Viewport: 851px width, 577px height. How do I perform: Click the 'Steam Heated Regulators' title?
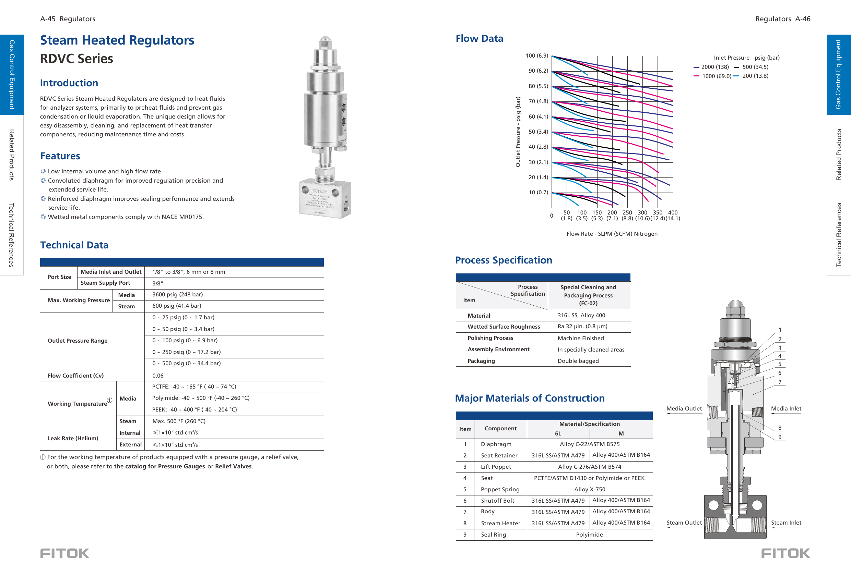point(117,40)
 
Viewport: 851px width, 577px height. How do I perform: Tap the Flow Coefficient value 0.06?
point(158,376)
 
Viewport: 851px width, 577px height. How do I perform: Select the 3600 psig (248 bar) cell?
point(177,295)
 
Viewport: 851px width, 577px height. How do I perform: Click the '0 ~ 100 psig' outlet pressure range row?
point(185,340)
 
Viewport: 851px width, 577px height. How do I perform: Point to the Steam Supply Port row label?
point(105,283)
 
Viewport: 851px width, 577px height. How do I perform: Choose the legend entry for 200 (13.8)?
point(755,76)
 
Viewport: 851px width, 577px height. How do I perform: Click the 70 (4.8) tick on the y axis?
point(538,101)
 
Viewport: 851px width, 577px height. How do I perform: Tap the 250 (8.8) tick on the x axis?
point(627,216)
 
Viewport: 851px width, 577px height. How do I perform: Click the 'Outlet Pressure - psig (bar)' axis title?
point(518,132)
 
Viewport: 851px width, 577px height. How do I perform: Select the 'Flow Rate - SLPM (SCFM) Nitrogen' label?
point(612,234)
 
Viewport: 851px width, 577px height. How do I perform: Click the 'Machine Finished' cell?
point(580,339)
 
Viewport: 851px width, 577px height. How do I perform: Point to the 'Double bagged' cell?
point(578,361)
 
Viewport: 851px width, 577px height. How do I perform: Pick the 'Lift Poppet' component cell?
point(496,467)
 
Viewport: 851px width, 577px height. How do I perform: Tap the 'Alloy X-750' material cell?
point(589,490)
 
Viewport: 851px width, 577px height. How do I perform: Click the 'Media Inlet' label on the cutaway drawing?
point(786,409)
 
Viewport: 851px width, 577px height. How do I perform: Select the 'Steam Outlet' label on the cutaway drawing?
point(684,523)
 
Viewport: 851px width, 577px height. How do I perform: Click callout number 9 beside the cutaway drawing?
point(780,437)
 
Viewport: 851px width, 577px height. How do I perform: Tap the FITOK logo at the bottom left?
point(64,553)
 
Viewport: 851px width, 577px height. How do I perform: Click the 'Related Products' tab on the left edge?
point(12,155)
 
